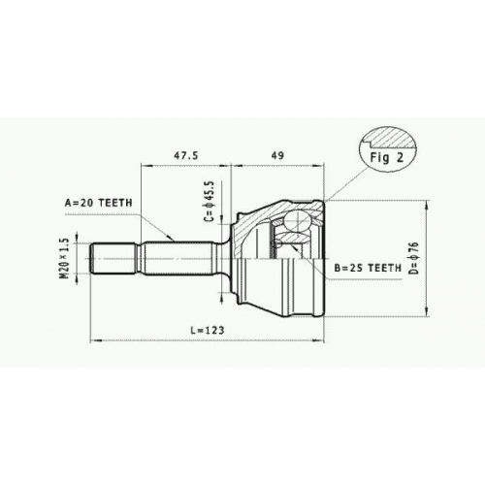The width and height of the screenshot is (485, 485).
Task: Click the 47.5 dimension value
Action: pyautogui.click(x=186, y=155)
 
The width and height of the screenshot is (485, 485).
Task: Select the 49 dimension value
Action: pyautogui.click(x=277, y=155)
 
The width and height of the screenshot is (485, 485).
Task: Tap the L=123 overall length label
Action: pyautogui.click(x=208, y=330)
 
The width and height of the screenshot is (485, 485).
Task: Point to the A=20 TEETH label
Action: pyautogui.click(x=99, y=203)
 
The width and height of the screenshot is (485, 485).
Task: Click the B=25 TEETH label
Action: pyautogui.click(x=368, y=268)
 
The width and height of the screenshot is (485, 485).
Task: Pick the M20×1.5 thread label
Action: pyautogui.click(x=65, y=258)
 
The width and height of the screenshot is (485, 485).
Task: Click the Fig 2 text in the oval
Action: pyautogui.click(x=387, y=157)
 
